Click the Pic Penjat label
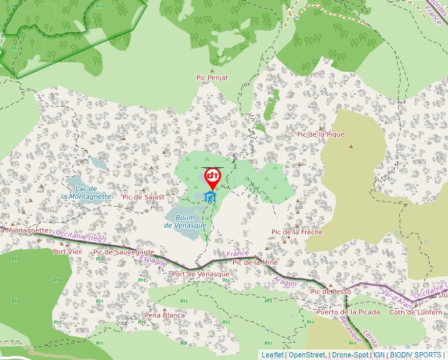pyautogui.click(x=212, y=78)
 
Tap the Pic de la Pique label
pyautogui.click(x=321, y=134)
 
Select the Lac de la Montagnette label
pyautogui.click(x=86, y=192)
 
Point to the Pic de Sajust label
pyautogui.click(x=143, y=197)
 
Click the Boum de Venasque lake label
pyautogui.click(x=185, y=222)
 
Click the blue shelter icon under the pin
pyautogui.click(x=211, y=197)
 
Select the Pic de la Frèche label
pyautogui.click(x=297, y=232)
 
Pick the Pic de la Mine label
pyautogui.click(x=256, y=263)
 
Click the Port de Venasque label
pyautogui.click(x=200, y=274)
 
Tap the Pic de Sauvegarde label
pyautogui.click(x=124, y=252)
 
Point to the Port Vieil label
pyautogui.click(x=67, y=251)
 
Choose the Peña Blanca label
pyautogui.click(x=165, y=315)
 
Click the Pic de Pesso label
pyautogui.click(x=331, y=292)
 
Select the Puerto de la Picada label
pyautogui.click(x=349, y=312)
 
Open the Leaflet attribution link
pyautogui.click(x=273, y=355)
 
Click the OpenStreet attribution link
pyautogui.click(x=307, y=355)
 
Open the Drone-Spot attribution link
pyautogui.click(x=350, y=355)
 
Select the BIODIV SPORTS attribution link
pyautogui.click(x=416, y=355)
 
